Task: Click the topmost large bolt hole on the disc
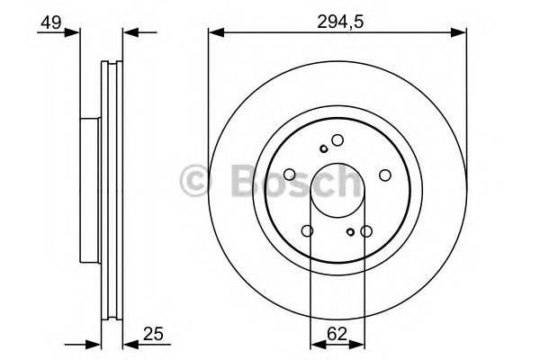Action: (x=337, y=140)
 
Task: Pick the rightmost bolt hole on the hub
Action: (x=383, y=175)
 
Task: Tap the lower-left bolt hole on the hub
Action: (x=308, y=231)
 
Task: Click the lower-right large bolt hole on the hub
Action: (x=365, y=231)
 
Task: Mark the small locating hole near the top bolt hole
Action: (x=323, y=148)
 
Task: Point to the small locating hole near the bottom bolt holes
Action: (x=350, y=233)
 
